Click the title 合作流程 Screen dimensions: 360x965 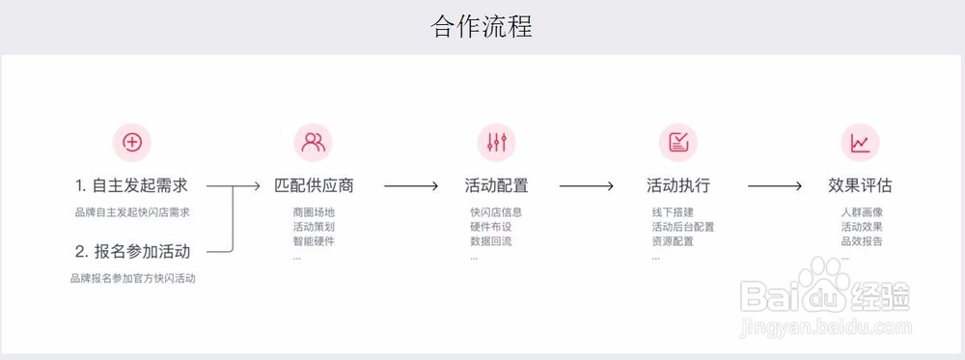[x=482, y=26]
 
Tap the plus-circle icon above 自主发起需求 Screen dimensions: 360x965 [x=132, y=143]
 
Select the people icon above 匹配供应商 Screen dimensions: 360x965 [x=314, y=143]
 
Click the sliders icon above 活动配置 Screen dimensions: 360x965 [x=496, y=143]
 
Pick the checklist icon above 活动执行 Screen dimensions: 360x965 [x=678, y=143]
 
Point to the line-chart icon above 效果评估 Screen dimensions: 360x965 [x=860, y=143]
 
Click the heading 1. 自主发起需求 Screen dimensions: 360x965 [x=131, y=185]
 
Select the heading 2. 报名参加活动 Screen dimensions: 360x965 [x=132, y=252]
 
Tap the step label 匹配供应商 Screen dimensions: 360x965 [x=314, y=185]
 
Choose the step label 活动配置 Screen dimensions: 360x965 [x=496, y=185]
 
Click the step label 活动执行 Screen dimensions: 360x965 [x=678, y=185]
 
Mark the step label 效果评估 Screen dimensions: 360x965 [x=860, y=185]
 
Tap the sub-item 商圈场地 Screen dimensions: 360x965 [x=314, y=212]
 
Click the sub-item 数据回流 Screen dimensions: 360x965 [x=491, y=241]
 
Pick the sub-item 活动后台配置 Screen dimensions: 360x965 [x=683, y=227]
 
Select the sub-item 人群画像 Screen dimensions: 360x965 [x=862, y=212]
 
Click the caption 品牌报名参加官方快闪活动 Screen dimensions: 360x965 [x=132, y=279]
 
